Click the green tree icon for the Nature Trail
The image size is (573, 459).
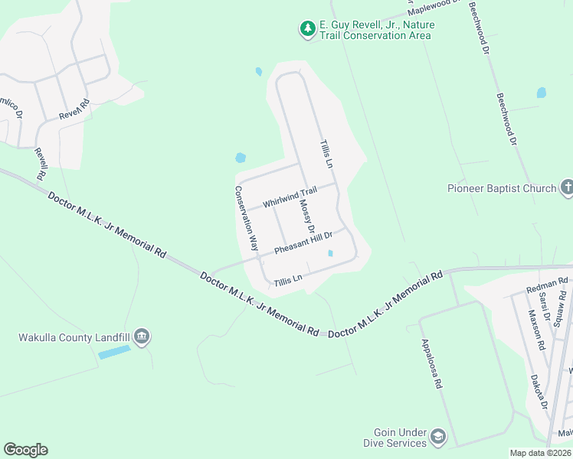pos(307,29)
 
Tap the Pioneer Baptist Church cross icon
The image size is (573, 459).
pos(567,187)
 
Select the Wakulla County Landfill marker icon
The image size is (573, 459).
pos(141,337)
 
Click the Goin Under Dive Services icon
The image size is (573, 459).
pos(438,437)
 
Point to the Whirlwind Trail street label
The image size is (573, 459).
pos(290,198)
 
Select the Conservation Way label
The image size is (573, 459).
pos(246,218)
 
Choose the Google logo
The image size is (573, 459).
pos(25,450)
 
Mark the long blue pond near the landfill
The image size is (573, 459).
pos(114,353)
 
